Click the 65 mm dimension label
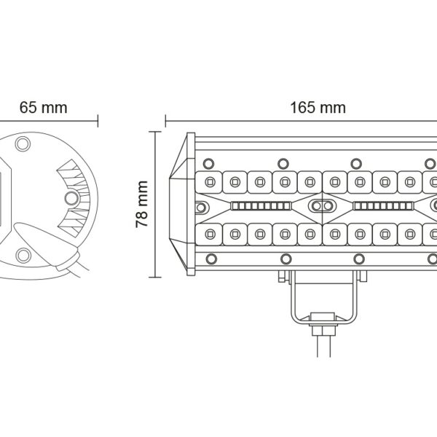44,108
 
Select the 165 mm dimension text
318,108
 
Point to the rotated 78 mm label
142,204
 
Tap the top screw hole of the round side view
23,143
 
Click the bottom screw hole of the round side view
23,256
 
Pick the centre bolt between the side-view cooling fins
71,198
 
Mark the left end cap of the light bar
182,204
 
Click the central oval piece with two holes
322,206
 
